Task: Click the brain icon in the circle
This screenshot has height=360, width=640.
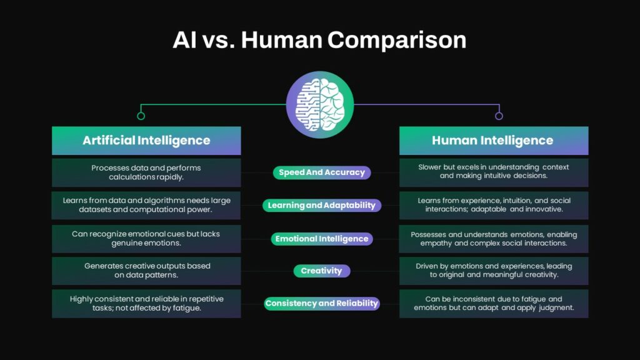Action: tap(320, 104)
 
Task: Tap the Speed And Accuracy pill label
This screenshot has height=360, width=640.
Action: tap(322, 172)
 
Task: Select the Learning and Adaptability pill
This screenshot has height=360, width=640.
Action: tap(322, 205)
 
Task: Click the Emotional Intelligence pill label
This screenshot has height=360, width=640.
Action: tap(322, 239)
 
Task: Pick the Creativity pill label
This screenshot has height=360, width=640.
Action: tap(322, 271)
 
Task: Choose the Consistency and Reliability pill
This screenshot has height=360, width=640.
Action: tap(322, 303)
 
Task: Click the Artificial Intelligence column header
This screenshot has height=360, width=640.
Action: tap(146, 141)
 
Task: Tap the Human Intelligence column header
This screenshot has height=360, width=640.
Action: tap(494, 141)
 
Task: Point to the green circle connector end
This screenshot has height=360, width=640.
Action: tap(141, 116)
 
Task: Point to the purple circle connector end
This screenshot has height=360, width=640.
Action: tap(499, 116)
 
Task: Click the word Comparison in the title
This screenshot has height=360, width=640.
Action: tap(397, 41)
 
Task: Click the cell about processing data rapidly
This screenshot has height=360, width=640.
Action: tap(146, 172)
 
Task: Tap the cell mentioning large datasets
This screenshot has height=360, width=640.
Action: tap(146, 205)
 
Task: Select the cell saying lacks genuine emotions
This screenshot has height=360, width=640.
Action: tap(146, 239)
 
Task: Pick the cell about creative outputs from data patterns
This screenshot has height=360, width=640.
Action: tap(146, 271)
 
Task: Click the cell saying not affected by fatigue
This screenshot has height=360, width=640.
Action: tap(146, 304)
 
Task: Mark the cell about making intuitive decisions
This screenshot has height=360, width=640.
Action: tap(494, 172)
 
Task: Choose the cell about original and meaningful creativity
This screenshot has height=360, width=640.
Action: tap(494, 271)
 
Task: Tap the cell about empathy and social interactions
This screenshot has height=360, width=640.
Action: tap(494, 239)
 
